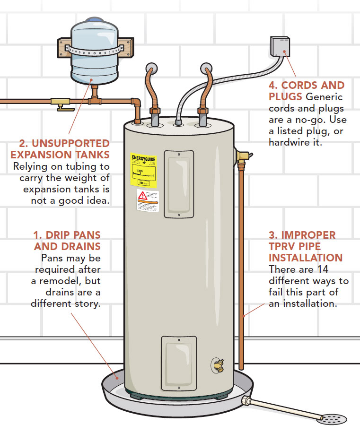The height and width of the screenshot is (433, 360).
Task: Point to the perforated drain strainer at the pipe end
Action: point(334,418)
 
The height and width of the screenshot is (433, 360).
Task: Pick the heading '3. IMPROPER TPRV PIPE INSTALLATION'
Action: point(303,246)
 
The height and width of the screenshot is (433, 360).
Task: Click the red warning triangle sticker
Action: point(141,195)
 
